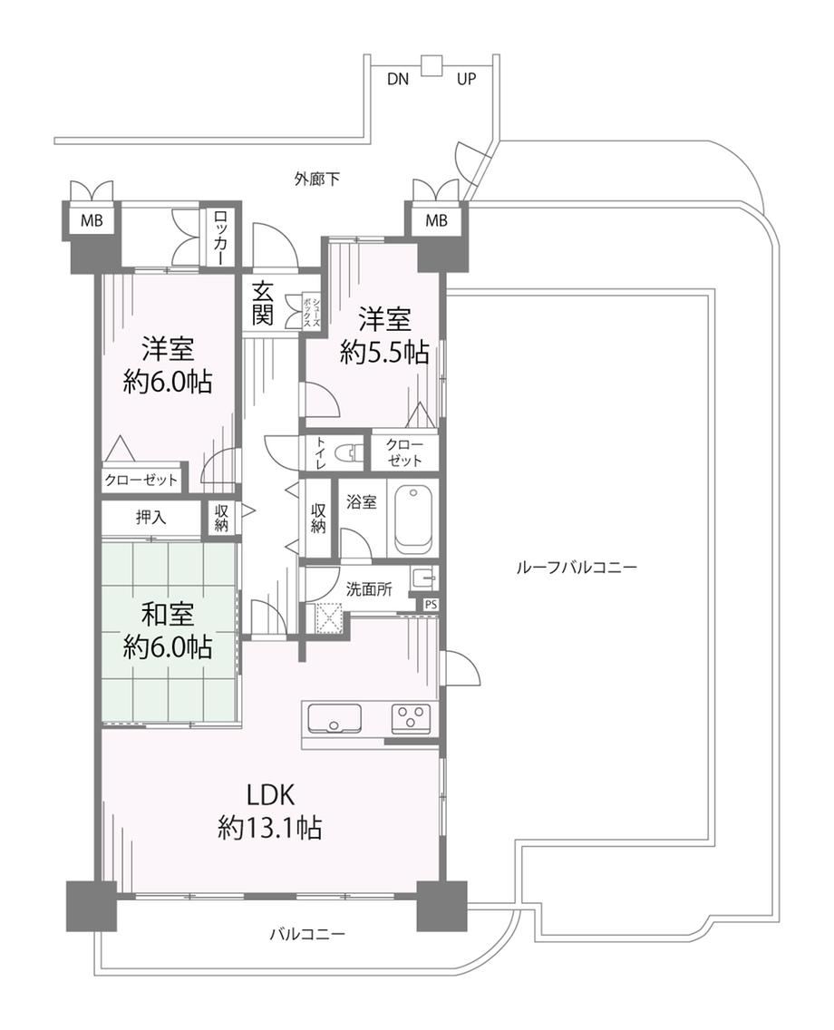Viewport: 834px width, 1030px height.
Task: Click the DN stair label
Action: pos(397,80)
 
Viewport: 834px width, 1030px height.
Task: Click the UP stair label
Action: pos(466,80)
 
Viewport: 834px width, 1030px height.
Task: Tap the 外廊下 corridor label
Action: pos(316,179)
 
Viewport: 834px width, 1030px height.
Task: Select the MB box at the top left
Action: pos(92,220)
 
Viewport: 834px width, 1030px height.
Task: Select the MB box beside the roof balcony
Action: pos(436,220)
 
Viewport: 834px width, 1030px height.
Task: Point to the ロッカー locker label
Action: pos(220,238)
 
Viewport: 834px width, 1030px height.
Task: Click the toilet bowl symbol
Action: pos(348,452)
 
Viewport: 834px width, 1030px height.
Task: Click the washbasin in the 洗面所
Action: pos(423,578)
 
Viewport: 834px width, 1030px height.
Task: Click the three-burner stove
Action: pos(412,718)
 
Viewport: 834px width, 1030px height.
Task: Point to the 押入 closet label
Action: pos(151,518)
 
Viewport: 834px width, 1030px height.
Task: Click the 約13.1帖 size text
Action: pos(269,828)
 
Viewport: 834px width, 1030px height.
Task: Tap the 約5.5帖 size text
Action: pos(384,353)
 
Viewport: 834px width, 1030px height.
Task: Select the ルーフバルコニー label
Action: pos(577,567)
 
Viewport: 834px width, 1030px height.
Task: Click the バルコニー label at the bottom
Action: pos(307,934)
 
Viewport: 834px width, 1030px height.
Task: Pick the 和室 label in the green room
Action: pos(168,615)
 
